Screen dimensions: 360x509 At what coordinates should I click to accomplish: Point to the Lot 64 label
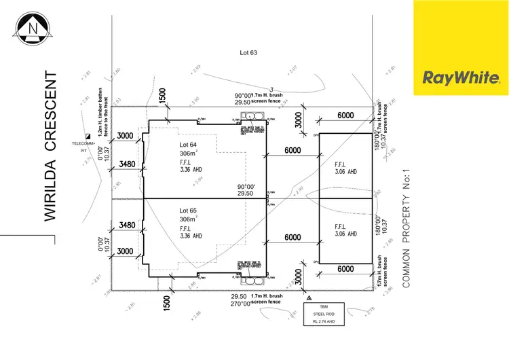[x=188, y=145]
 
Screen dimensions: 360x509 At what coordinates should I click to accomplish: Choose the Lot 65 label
[x=188, y=211]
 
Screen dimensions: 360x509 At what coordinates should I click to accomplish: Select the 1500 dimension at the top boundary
[x=163, y=96]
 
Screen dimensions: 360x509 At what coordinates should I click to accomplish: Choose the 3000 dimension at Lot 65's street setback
[x=126, y=251]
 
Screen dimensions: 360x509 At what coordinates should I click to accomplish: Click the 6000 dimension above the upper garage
[x=345, y=116]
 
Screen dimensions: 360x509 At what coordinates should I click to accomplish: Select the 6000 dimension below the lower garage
[x=345, y=270]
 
